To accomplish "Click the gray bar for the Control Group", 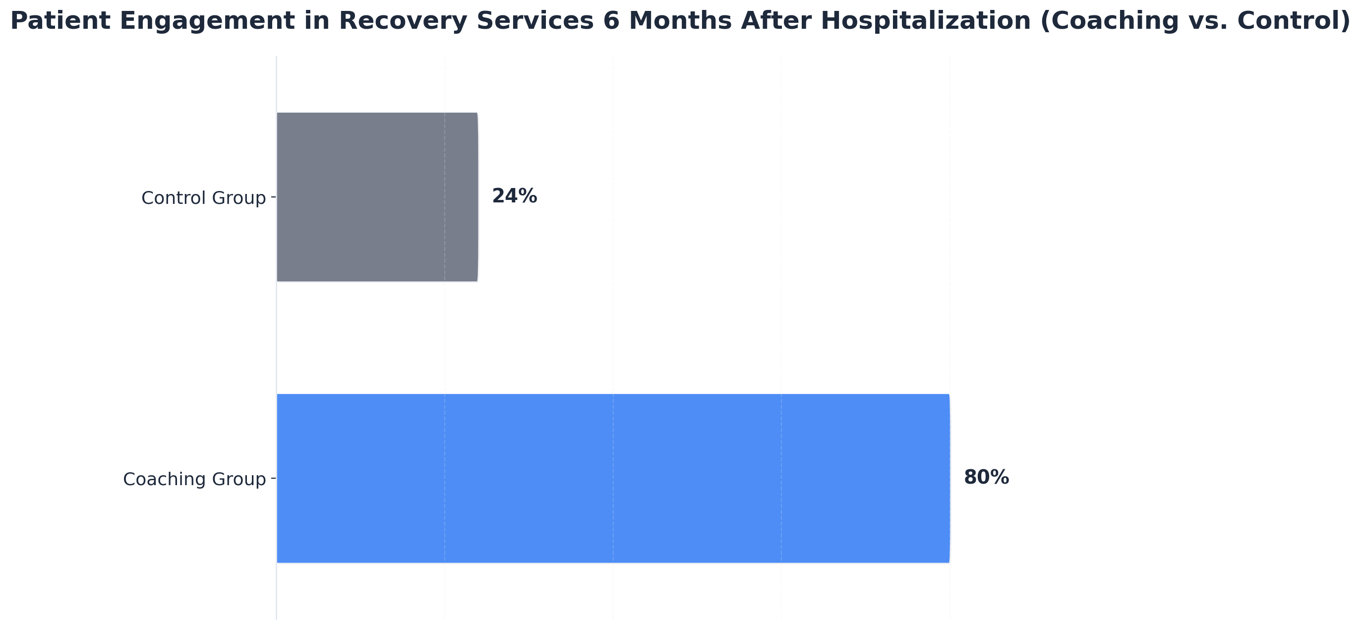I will point(377,196).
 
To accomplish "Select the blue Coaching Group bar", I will point(613,478).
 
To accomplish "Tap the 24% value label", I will point(514,196).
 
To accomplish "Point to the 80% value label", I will point(986,478).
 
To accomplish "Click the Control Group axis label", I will point(203,198).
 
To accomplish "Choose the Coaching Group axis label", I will point(194,479).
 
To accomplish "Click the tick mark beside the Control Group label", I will point(273,196).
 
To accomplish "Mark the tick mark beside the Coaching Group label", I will point(273,478).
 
